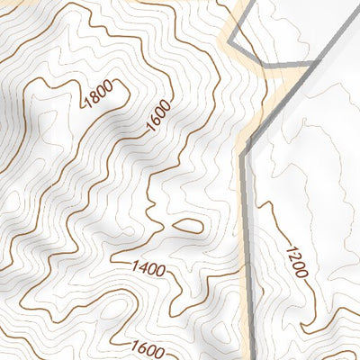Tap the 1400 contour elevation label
(148, 267)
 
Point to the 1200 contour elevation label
(298, 261)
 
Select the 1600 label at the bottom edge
(146, 346)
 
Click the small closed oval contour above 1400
(187, 225)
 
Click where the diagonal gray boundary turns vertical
(243, 149)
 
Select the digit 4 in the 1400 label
(142, 267)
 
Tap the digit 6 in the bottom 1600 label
(140, 346)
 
